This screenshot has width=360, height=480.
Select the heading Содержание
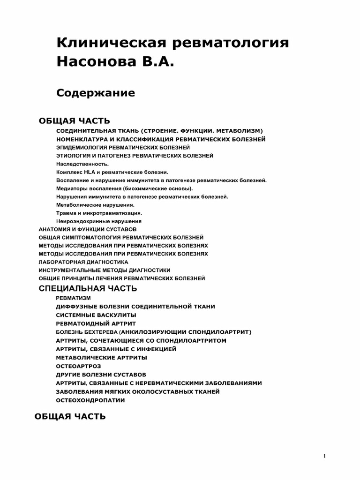(x=96, y=93)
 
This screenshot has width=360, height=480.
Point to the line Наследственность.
(x=82, y=164)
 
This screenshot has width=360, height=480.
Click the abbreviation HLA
(x=89, y=172)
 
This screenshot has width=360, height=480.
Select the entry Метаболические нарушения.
(x=95, y=205)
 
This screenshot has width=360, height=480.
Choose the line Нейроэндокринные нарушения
(x=98, y=221)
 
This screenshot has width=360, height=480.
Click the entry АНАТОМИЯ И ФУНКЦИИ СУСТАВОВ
(x=87, y=229)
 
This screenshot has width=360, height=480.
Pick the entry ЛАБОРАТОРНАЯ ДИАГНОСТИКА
(x=83, y=262)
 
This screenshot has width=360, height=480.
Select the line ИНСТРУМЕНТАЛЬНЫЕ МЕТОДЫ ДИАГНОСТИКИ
(x=104, y=270)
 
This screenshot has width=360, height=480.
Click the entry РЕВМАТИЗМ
(x=73, y=298)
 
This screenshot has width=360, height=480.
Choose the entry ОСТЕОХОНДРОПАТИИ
(x=90, y=400)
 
